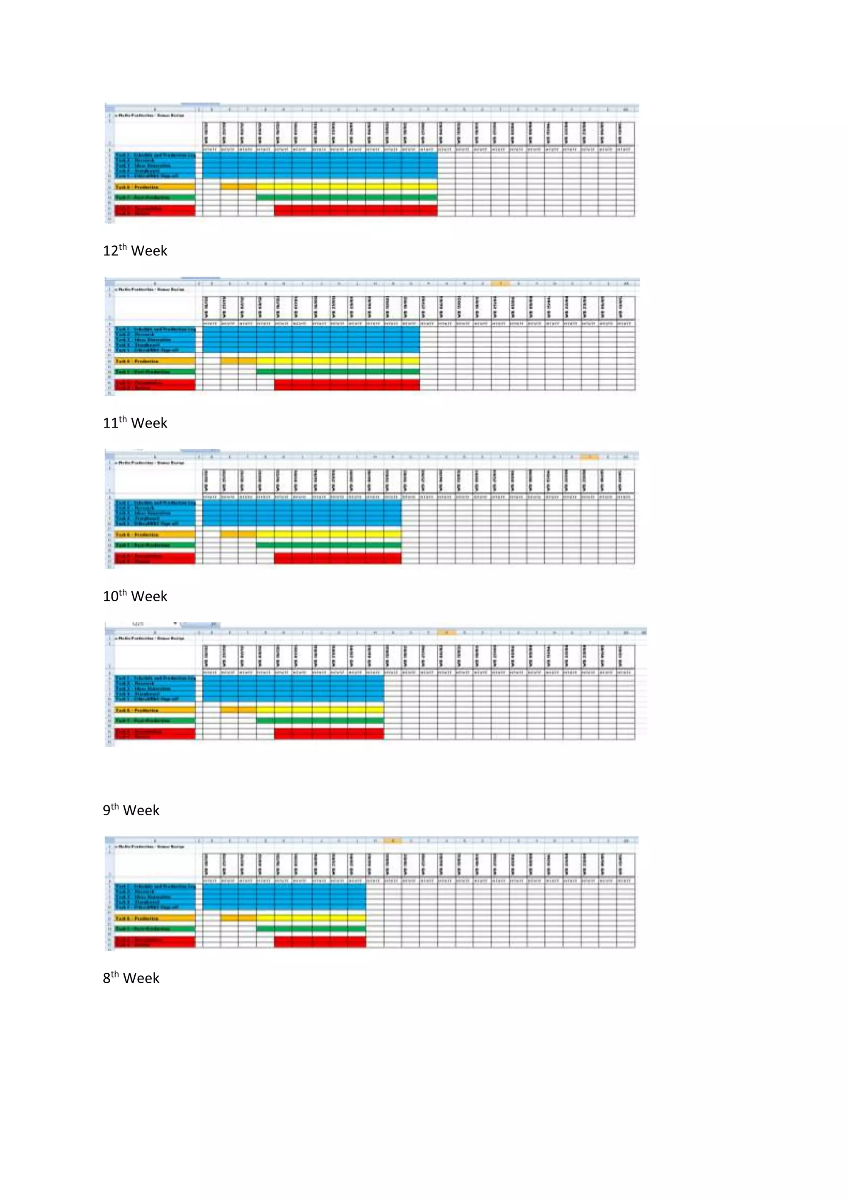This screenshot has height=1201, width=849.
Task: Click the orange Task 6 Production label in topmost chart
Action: [x=155, y=187]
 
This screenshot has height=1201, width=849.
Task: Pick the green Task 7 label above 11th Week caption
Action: [x=155, y=372]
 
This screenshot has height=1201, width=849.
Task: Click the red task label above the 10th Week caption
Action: [x=155, y=559]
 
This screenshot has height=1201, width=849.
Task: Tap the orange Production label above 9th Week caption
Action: [x=155, y=710]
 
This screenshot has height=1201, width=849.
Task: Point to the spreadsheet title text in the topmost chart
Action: [x=150, y=115]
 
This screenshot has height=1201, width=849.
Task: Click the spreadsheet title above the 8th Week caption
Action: [x=150, y=846]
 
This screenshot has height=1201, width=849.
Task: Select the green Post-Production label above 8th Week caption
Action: [x=155, y=929]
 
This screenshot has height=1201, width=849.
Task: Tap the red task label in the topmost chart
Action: [x=155, y=211]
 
